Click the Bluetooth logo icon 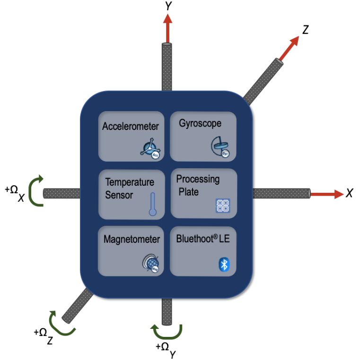(224, 264)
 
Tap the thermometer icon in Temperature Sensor (153, 204)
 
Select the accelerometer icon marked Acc (150, 148)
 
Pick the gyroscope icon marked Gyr (220, 146)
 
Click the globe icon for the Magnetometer (151, 263)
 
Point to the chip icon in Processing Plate (223, 206)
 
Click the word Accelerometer (131, 126)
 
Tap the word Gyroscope (200, 124)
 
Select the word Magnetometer (132, 239)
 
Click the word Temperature (130, 182)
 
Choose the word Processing (198, 180)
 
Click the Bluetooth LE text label (203, 239)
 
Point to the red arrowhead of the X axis (339, 194)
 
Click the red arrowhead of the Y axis (167, 19)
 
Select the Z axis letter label (306, 30)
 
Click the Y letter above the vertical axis (169, 6)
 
